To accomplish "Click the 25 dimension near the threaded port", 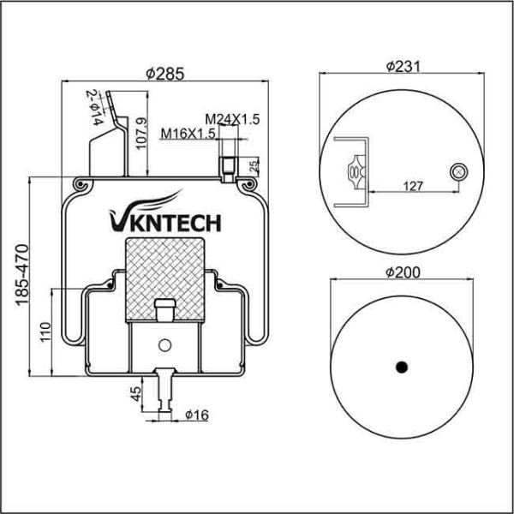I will (x=254, y=164).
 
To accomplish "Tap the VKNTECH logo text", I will (x=164, y=223).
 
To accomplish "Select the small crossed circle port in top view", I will (x=458, y=172).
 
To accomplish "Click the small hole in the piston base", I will (x=164, y=345).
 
